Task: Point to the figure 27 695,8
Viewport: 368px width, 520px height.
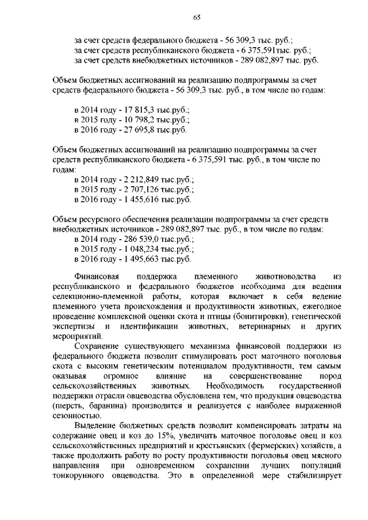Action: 135,130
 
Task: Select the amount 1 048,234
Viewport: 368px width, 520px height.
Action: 138,249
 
